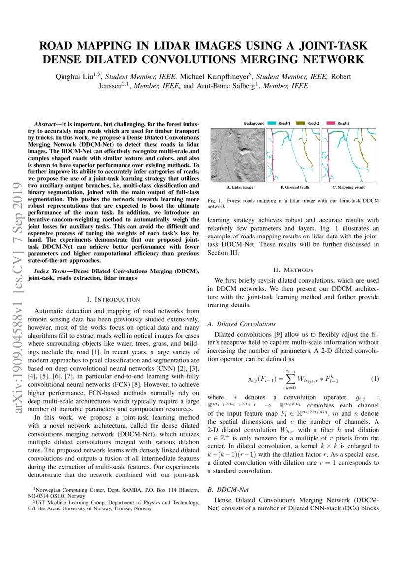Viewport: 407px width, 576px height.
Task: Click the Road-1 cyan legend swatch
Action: click(x=273, y=123)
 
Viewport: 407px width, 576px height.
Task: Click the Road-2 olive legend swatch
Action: click(x=301, y=123)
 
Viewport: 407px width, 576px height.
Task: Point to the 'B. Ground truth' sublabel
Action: click(x=295, y=188)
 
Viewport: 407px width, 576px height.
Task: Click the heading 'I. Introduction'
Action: click(x=113, y=299)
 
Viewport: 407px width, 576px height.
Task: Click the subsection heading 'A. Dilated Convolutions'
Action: click(x=241, y=324)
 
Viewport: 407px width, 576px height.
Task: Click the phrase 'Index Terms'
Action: click(x=52, y=271)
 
